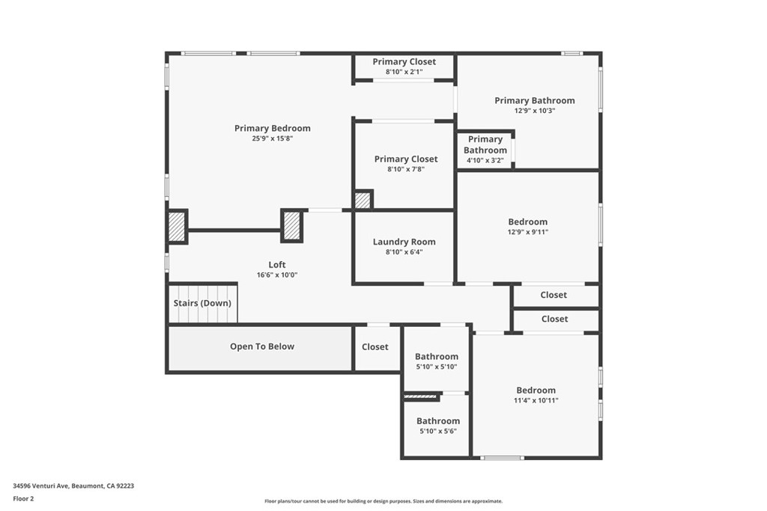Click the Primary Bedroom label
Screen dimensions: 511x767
[272, 128]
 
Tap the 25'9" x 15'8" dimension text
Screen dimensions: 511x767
[272, 138]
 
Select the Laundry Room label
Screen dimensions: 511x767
[404, 242]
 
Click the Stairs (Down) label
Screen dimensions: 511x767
[202, 303]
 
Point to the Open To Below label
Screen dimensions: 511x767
[261, 346]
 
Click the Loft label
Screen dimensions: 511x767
[277, 265]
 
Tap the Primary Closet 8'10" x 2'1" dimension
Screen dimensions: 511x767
[404, 72]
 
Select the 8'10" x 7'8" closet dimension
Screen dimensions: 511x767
[406, 170]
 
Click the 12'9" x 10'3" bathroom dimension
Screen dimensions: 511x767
[534, 111]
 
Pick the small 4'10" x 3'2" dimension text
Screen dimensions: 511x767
[485, 160]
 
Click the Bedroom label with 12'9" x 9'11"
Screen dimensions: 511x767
[527, 221]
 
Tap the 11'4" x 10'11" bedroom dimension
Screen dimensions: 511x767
[536, 400]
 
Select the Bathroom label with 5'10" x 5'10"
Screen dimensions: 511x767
[436, 357]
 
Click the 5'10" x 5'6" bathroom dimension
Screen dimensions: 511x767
[437, 431]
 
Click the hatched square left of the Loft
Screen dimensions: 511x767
[177, 227]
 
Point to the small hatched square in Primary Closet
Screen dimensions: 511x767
[363, 201]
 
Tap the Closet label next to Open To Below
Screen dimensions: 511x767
[375, 347]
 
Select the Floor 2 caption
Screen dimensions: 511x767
[23, 498]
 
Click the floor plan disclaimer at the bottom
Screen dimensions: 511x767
[383, 501]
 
